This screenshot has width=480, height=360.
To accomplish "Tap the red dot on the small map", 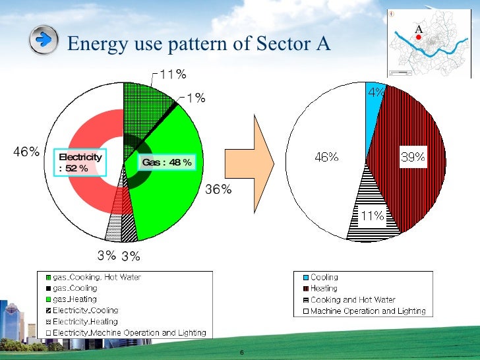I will [418, 37].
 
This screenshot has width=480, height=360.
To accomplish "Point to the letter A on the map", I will [418, 28].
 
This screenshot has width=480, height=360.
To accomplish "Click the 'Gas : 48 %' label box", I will [166, 162].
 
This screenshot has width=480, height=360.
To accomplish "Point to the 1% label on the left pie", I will [195, 98].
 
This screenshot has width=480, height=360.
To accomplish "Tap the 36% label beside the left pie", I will [218, 189].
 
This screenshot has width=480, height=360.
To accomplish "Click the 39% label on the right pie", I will [413, 157].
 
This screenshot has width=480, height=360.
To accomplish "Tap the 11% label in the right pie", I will [372, 216].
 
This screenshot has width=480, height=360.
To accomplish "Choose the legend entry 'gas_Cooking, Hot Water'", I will [97, 278].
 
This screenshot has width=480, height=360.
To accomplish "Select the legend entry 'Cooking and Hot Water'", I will [353, 299].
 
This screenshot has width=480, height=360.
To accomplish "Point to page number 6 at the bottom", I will [242, 353].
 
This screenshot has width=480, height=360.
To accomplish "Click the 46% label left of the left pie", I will [27, 152].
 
